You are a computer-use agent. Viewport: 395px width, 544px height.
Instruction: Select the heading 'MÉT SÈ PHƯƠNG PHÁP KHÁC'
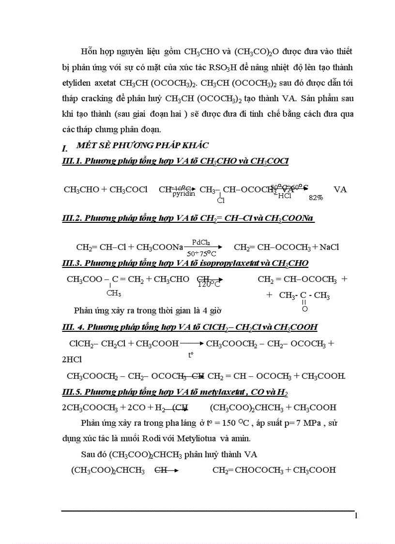pyautogui.click(x=143, y=146)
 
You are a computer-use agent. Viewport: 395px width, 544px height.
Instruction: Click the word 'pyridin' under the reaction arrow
pyautogui.click(x=184, y=194)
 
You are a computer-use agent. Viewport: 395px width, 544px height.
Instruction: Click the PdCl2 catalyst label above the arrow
pyautogui.click(x=201, y=242)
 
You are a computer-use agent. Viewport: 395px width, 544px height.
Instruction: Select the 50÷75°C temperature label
pyautogui.click(x=201, y=253)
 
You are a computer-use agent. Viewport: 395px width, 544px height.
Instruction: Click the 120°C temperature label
pyautogui.click(x=209, y=285)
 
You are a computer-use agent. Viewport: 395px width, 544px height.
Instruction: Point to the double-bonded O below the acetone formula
pyautogui.click(x=304, y=309)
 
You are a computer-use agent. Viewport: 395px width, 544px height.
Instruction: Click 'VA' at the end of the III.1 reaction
pyautogui.click(x=340, y=189)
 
